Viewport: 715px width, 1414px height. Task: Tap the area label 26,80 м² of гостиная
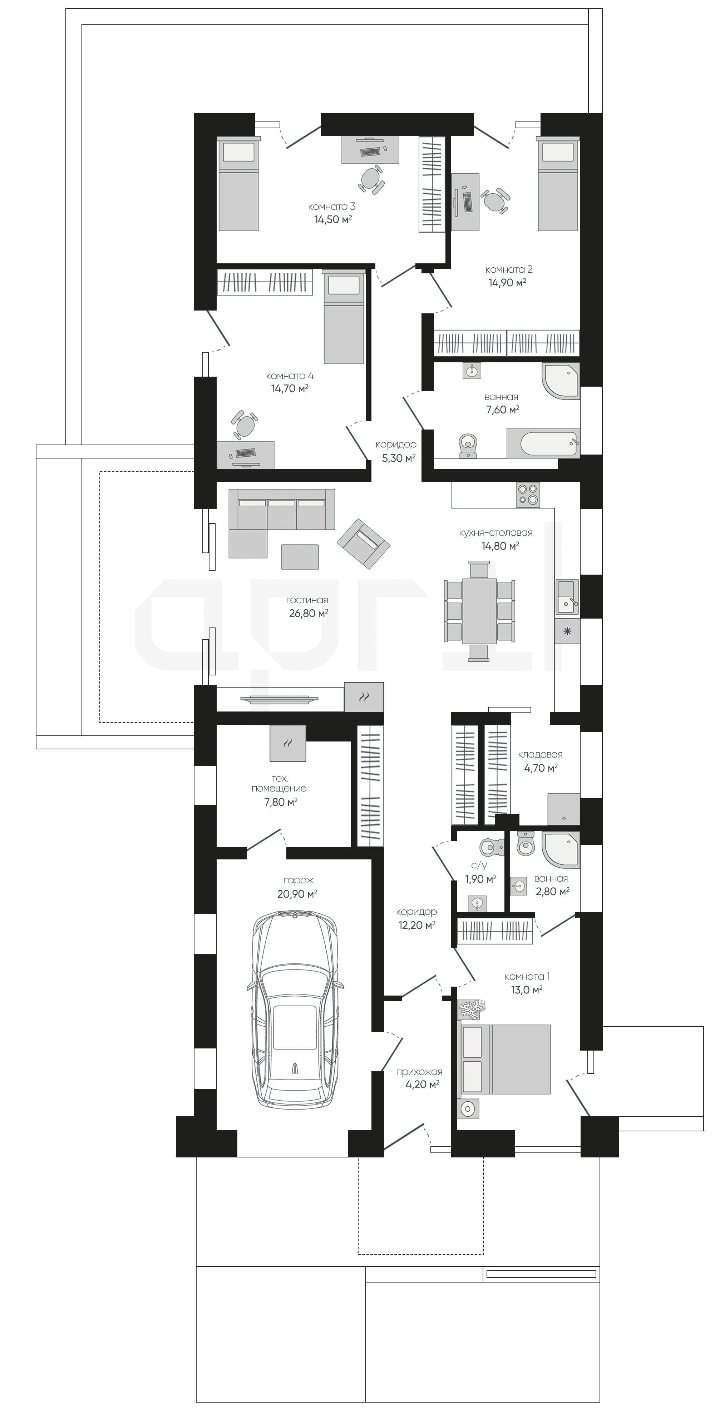point(309,613)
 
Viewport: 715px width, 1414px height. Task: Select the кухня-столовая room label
point(496,532)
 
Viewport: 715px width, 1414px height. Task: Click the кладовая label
point(541,755)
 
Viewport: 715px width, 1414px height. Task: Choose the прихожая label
point(419,1071)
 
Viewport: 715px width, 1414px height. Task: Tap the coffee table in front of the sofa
point(300,557)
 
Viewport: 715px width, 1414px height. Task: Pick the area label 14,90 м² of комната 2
point(507,282)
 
